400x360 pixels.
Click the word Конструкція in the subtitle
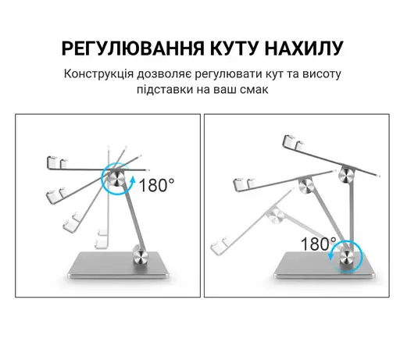(x=99, y=74)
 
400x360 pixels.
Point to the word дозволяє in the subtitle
(x=164, y=74)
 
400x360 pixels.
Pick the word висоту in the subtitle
(x=322, y=74)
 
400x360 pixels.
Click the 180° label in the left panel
(x=157, y=185)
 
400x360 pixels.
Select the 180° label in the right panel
(x=318, y=244)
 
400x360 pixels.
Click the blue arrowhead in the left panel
(x=133, y=180)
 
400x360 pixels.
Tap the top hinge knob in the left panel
(x=116, y=179)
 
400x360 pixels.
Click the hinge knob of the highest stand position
(x=347, y=175)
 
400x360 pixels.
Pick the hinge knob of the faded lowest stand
(x=276, y=216)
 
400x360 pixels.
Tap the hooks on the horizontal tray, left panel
(x=57, y=162)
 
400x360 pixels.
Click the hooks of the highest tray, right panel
(x=294, y=142)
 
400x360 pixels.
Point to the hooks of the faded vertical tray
(x=102, y=238)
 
